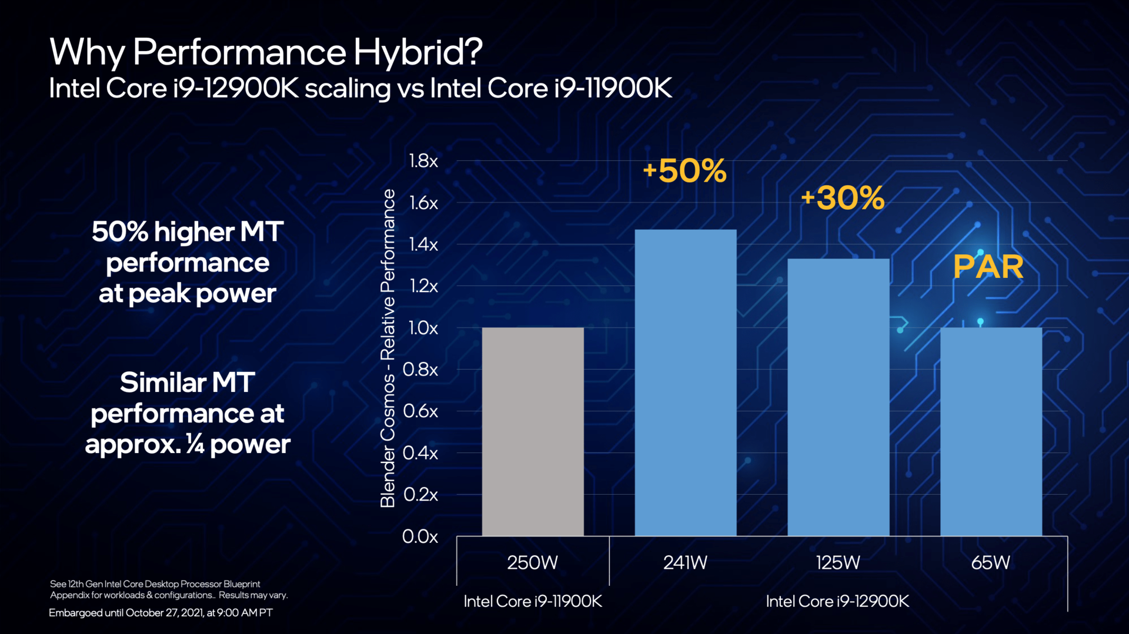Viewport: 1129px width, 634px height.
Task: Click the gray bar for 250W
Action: (x=533, y=432)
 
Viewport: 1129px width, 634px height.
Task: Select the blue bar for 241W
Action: (x=685, y=383)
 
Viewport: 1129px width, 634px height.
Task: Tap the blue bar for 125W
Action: (x=838, y=397)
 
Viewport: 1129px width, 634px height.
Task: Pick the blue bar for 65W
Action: (x=991, y=432)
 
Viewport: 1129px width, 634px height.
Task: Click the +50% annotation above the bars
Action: (x=684, y=171)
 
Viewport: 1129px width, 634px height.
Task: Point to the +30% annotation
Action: (x=842, y=198)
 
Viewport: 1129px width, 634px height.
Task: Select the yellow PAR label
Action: (x=988, y=267)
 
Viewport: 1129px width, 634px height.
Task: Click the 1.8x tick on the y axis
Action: (x=423, y=161)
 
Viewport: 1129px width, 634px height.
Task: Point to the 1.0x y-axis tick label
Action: (x=423, y=328)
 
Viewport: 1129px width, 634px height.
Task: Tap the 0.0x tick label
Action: (x=420, y=536)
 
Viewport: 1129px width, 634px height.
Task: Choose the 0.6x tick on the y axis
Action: (x=420, y=411)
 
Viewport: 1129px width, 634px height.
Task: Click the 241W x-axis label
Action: (x=685, y=563)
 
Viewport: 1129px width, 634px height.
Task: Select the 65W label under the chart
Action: (x=990, y=563)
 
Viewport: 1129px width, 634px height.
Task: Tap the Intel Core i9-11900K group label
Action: (x=533, y=602)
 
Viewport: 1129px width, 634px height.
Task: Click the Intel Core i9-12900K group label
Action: (x=837, y=602)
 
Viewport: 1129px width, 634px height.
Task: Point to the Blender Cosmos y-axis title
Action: (x=388, y=348)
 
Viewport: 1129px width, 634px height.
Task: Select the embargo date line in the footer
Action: (x=161, y=613)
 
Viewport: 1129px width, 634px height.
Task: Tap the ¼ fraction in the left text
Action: (x=195, y=445)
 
